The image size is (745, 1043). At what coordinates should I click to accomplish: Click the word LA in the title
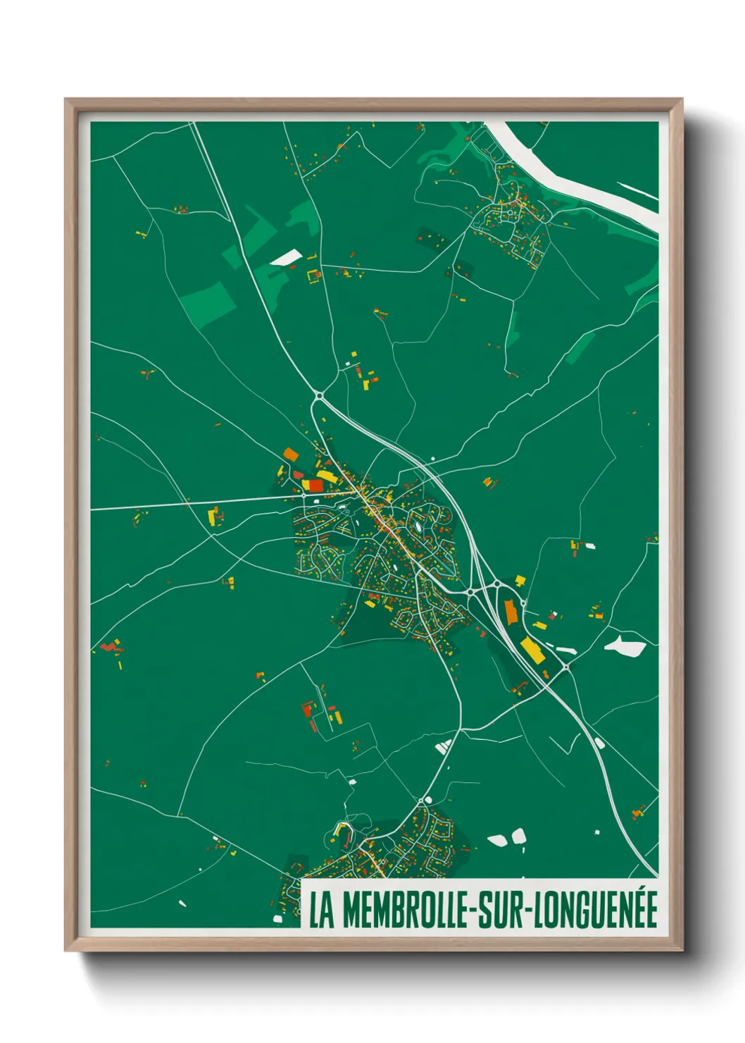[322, 910]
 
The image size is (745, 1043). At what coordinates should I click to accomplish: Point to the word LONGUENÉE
[596, 910]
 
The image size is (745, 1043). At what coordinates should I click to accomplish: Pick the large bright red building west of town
[315, 486]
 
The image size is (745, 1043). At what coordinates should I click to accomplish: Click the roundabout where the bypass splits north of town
[319, 396]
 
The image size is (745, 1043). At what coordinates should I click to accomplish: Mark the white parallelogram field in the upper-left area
[285, 258]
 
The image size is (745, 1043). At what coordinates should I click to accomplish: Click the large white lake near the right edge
[625, 646]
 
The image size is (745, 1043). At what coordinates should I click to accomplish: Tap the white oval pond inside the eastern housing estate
[419, 526]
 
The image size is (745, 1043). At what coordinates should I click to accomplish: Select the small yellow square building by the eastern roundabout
[520, 580]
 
